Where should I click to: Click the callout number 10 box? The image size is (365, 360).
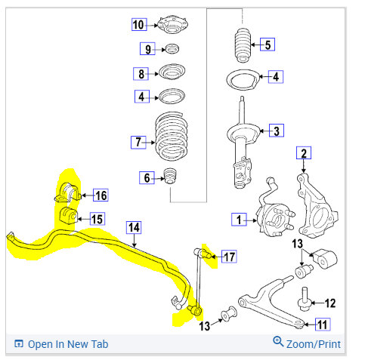click(139, 25)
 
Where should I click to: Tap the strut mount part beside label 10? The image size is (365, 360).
click(173, 26)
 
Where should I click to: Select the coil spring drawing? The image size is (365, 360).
click(172, 136)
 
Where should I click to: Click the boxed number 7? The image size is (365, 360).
click(138, 142)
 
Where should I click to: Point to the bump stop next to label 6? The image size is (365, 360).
click(171, 176)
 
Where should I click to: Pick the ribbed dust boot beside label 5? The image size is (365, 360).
click(243, 45)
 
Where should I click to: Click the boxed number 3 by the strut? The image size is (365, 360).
click(277, 131)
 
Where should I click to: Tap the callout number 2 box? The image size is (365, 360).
click(304, 153)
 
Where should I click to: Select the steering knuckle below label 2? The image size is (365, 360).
click(317, 206)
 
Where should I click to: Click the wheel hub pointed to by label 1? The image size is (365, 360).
click(274, 219)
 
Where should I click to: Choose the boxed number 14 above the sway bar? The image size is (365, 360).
click(134, 228)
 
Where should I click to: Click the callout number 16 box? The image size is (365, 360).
click(101, 195)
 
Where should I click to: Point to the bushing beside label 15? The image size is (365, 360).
click(68, 215)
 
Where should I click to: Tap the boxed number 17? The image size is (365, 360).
click(229, 257)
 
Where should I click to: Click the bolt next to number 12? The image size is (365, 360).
click(305, 300)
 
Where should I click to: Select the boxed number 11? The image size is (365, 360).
click(323, 325)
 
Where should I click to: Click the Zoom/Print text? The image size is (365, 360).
click(314, 344)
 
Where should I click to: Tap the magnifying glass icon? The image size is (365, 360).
click(278, 341)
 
